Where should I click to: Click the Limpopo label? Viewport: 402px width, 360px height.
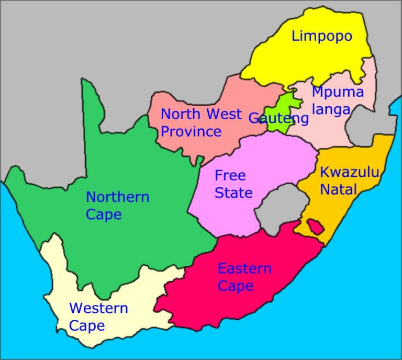[322, 36]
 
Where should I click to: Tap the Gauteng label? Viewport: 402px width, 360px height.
[278, 118]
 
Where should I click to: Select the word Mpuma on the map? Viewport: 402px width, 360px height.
[338, 93]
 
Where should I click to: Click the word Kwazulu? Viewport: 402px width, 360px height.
[349, 172]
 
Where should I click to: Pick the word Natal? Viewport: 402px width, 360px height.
[338, 189]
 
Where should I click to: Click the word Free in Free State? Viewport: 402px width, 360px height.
[230, 175]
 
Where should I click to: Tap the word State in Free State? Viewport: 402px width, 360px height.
[233, 193]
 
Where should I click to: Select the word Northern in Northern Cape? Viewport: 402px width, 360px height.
[117, 197]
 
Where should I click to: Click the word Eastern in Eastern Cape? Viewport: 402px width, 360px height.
[244, 269]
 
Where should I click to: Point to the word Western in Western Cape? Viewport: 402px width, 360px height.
[98, 308]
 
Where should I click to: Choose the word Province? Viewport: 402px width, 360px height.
[191, 131]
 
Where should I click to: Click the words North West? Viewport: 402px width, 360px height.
[201, 114]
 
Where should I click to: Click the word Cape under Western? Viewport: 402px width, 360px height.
[87, 326]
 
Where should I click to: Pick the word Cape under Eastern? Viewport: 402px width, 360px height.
[236, 286]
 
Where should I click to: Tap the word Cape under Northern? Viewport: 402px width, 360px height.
[104, 215]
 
